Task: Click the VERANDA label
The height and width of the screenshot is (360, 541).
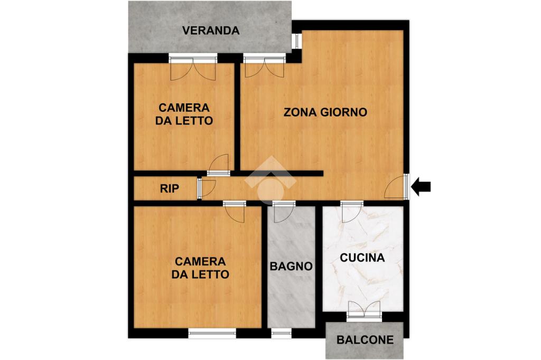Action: click(211, 31)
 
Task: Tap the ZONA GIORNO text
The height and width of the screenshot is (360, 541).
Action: click(325, 112)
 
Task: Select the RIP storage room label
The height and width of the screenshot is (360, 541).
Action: click(170, 188)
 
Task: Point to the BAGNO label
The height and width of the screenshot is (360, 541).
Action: click(291, 266)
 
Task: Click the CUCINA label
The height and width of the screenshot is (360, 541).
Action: click(362, 258)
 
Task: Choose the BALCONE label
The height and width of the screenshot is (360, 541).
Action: click(365, 340)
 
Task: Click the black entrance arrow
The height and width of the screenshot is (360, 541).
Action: click(421, 186)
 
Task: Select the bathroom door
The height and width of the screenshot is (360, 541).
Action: click(284, 212)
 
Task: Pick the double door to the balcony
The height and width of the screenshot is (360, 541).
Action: click(364, 309)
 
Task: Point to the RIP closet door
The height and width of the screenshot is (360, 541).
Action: click(207, 188)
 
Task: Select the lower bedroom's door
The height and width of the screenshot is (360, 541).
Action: click(234, 212)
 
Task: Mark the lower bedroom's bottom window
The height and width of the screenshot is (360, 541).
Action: click(212, 333)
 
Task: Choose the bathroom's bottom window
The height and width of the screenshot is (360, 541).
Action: click(281, 333)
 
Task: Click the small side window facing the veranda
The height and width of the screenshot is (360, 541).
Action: click(296, 41)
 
